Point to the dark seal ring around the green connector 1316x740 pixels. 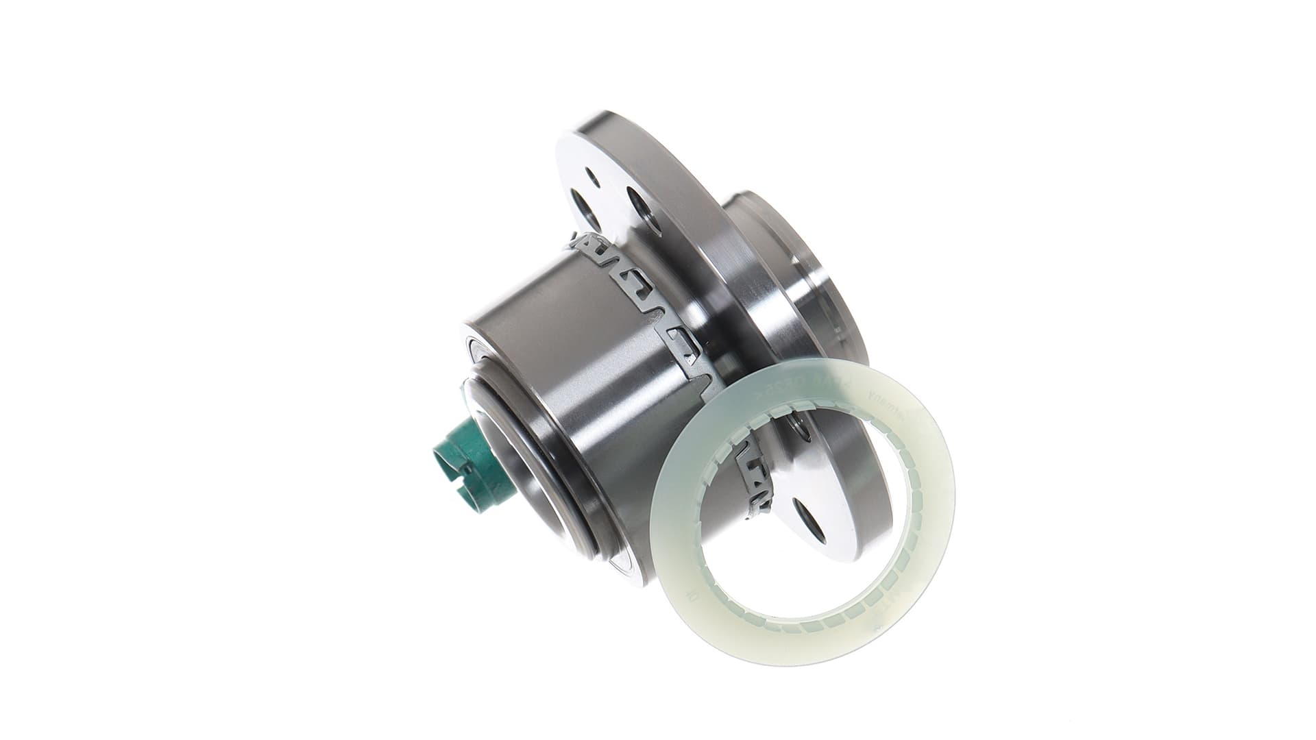pos(511,445)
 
